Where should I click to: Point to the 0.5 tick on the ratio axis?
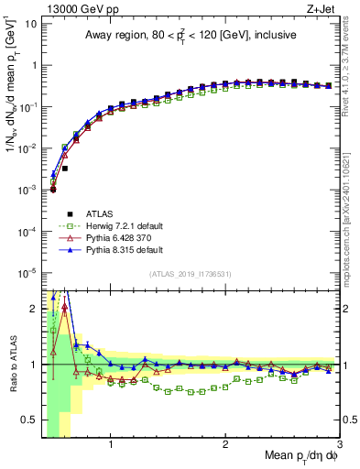point(30,420)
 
